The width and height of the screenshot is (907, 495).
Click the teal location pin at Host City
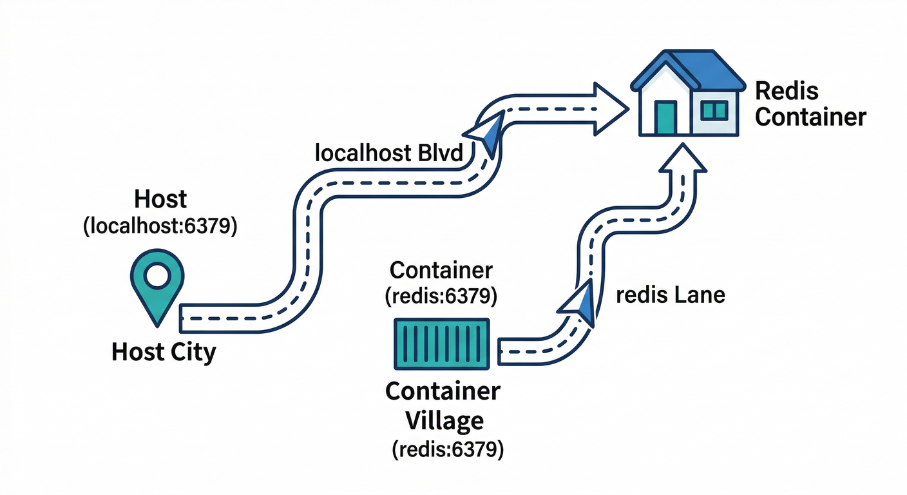[157, 286]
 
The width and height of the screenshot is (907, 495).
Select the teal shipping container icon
[441, 344]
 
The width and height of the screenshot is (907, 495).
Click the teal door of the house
[665, 117]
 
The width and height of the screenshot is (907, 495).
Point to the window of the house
[714, 110]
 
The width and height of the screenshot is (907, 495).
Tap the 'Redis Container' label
[810, 104]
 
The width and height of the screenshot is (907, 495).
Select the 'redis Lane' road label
[671, 295]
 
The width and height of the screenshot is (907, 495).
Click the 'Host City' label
[164, 352]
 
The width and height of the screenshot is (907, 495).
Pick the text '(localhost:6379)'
[160, 227]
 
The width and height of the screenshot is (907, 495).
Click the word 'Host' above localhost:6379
[160, 199]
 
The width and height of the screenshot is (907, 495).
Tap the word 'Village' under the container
[444, 420]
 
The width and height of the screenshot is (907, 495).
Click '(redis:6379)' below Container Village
[448, 450]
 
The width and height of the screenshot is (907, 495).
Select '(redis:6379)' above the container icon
[441, 296]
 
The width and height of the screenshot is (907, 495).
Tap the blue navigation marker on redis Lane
[581, 303]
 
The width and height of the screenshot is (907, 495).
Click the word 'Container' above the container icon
[441, 269]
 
